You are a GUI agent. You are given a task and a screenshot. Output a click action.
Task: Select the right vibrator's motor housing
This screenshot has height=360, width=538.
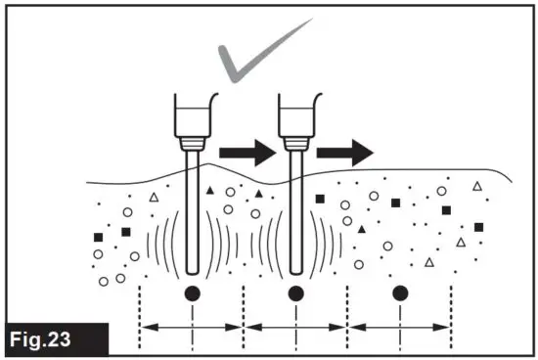coord(296,115)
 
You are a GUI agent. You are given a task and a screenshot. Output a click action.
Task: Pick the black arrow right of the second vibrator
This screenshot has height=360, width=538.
coord(345,152)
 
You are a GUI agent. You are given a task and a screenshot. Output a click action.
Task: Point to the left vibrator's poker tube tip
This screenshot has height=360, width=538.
coord(192,268)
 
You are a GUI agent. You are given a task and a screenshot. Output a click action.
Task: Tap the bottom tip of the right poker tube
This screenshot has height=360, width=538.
coord(296,268)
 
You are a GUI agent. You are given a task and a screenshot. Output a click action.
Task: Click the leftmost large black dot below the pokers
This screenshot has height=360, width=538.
coord(193,292)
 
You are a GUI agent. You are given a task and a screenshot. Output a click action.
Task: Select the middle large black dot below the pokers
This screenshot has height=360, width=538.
coord(296,292)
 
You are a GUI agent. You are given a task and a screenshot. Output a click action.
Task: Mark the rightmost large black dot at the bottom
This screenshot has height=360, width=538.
coord(400,292)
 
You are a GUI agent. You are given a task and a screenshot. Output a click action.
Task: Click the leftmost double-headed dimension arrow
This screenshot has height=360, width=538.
coord(193,327)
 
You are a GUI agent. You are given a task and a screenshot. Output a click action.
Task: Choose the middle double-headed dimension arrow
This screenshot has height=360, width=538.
coord(296,327)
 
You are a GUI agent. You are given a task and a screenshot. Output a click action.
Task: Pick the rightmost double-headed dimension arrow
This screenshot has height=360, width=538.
coord(400,327)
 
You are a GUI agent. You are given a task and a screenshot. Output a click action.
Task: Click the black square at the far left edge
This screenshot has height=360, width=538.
coord(98,237)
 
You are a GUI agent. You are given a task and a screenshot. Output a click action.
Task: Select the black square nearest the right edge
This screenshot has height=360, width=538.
coord(478,227)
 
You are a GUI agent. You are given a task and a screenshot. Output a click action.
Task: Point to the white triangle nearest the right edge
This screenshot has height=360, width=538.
coord(477,186)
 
